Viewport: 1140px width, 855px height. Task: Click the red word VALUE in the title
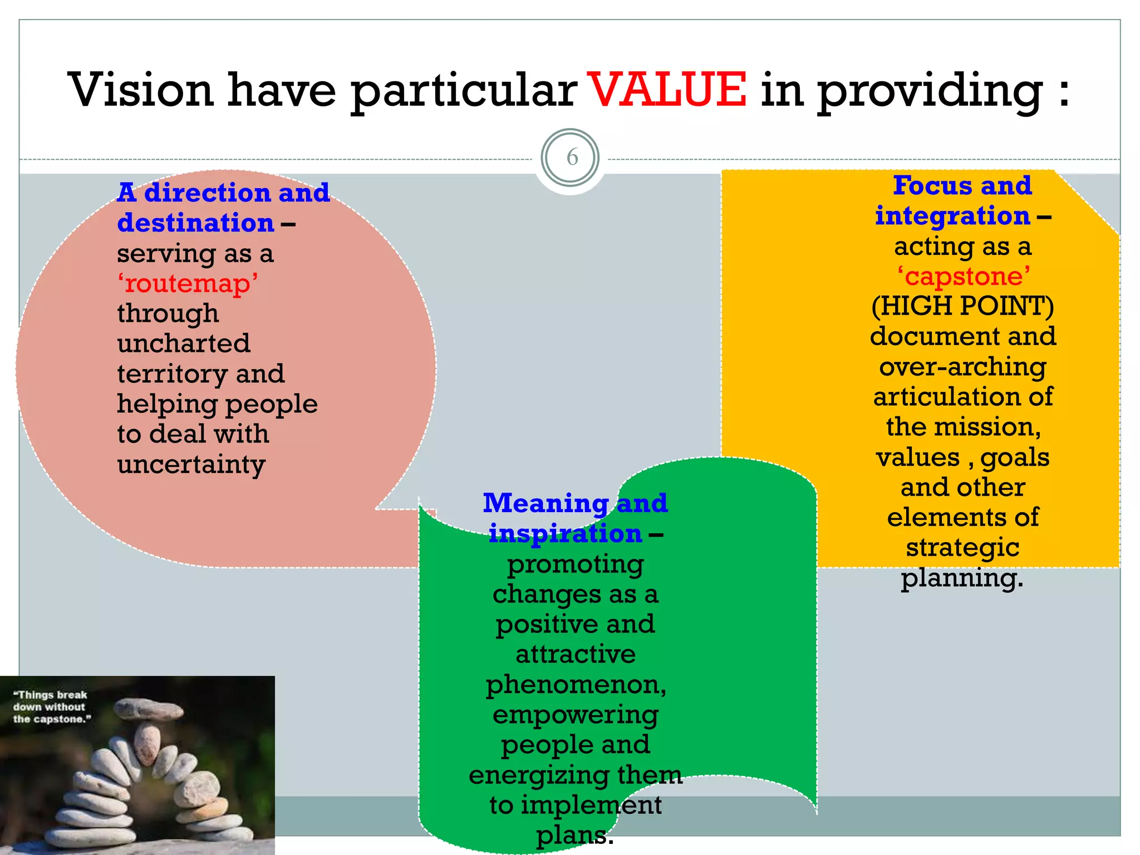667,90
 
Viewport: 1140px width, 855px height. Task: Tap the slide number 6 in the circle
572,158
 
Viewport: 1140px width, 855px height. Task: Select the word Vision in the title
141,90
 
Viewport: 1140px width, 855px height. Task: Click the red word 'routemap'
188,283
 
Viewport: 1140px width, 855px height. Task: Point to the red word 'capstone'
964,276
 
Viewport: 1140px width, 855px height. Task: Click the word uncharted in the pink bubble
184,343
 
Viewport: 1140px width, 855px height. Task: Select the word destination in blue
196,223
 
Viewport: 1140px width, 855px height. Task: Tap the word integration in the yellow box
952,216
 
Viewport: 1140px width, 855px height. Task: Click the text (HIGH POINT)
962,306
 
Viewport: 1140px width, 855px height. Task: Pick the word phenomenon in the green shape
575,684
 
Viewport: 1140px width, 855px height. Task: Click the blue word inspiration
565,534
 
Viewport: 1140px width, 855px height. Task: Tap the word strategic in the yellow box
962,547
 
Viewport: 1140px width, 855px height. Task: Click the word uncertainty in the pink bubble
191,464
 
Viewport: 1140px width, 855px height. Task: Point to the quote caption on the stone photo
51,707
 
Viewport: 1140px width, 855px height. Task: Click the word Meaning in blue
546,503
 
